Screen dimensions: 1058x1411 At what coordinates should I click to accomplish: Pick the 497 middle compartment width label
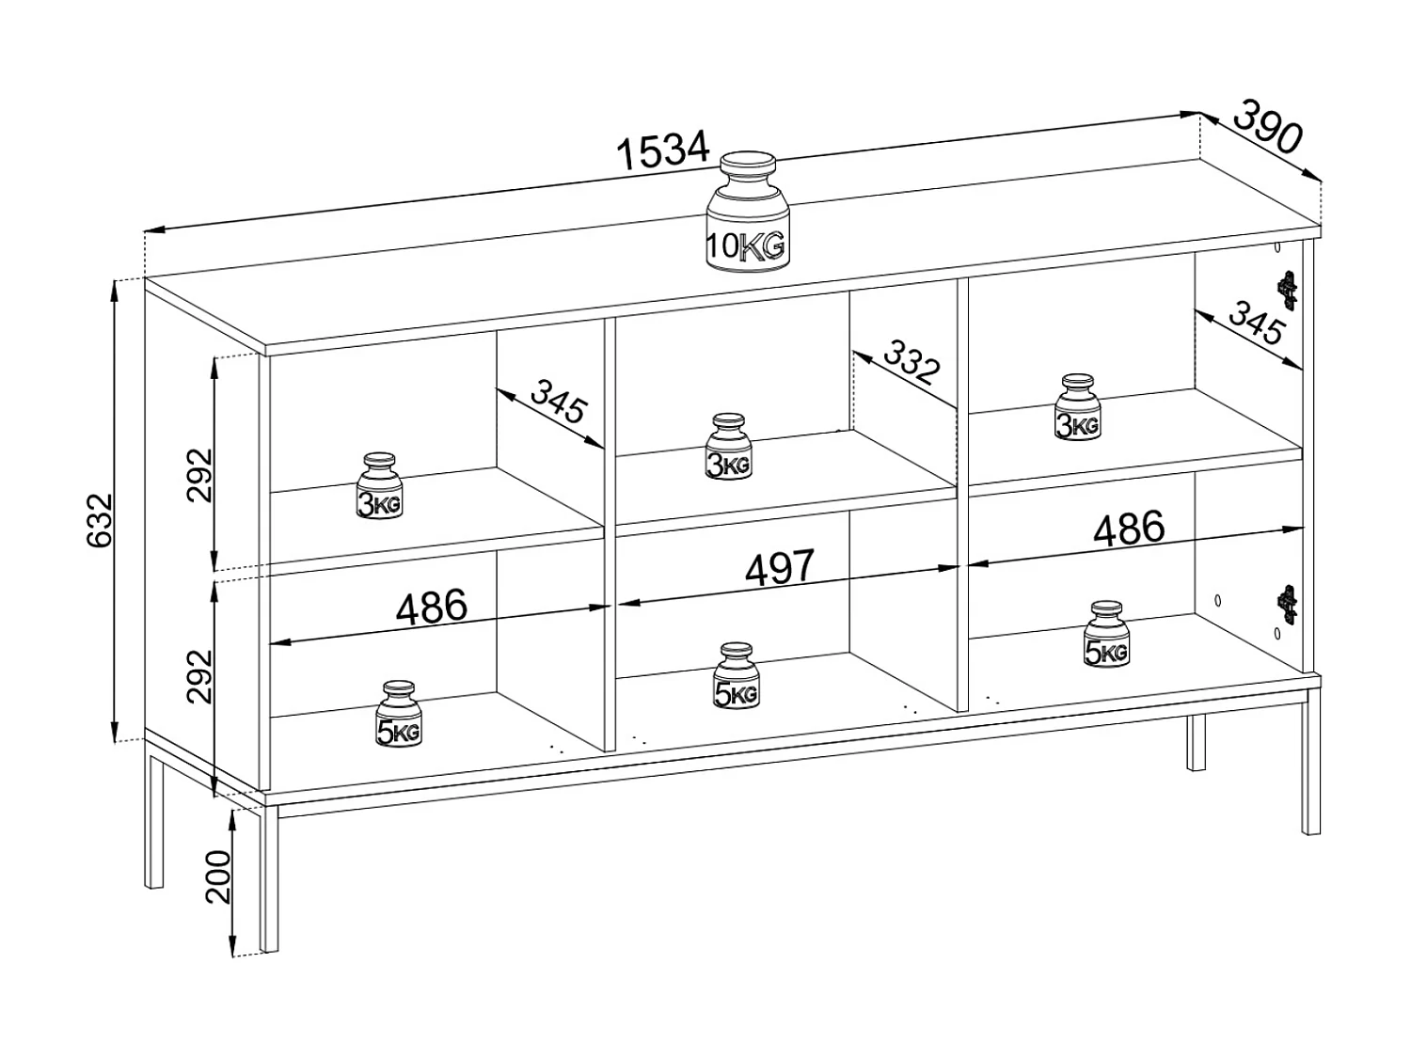(779, 568)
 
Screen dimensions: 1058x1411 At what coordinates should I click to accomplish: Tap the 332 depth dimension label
(907, 363)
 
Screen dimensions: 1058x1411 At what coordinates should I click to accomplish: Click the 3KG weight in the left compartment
(379, 486)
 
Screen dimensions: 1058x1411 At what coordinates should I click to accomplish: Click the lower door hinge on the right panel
(1286, 603)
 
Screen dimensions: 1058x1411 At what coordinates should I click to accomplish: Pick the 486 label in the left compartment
(431, 608)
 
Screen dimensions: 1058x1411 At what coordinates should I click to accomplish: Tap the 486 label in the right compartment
(1129, 529)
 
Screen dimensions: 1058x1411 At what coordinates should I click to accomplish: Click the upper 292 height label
(200, 475)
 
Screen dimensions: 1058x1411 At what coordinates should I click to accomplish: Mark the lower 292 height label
(200, 675)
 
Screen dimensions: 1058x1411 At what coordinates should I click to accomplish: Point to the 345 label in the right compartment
(1255, 324)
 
